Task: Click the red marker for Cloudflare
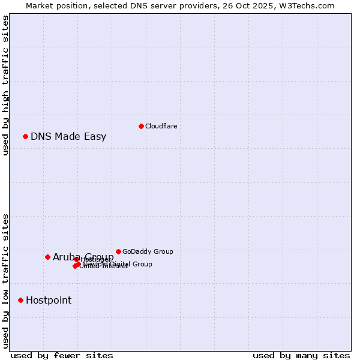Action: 141,126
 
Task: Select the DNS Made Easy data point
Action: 25,136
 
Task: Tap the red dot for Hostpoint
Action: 20,300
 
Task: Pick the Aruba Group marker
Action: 47,257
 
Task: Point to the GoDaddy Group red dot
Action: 118,251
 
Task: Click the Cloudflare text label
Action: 161,126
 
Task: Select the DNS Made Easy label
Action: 68,136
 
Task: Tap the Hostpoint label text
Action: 49,300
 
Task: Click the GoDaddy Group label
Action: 148,251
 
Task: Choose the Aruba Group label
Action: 83,257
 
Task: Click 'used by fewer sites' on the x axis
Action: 62,355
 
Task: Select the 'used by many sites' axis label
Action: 301,355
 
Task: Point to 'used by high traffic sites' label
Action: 6,85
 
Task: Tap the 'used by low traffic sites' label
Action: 6,280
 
